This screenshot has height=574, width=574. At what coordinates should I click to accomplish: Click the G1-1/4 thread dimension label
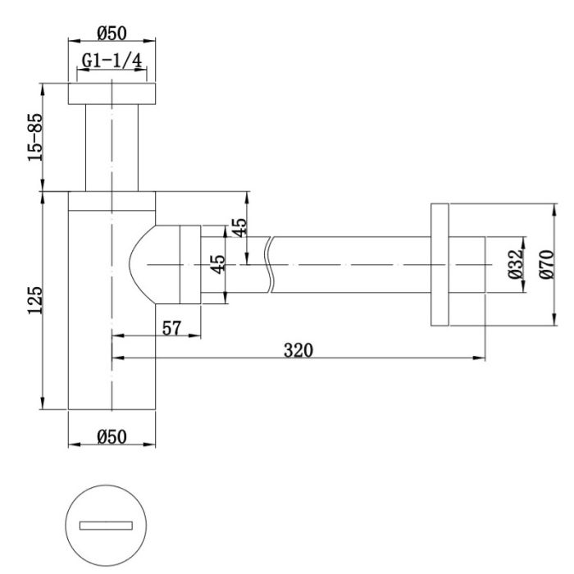pos(112,61)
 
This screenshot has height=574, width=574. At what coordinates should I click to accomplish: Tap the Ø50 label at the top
pos(112,34)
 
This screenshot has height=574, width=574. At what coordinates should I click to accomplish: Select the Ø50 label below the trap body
pos(112,437)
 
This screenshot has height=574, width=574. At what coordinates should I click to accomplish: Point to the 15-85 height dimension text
pos(35,137)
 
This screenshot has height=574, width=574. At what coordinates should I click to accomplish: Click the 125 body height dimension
pos(35,300)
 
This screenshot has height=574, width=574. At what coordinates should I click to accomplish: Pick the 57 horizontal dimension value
pos(171,328)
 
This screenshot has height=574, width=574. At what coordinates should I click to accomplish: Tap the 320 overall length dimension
pos(298,350)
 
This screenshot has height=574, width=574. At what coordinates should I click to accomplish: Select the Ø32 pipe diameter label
pos(516,264)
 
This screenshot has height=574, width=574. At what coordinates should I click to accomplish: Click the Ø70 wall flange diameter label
pos(547,264)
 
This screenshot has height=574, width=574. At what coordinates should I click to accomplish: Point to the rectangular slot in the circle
pos(106,526)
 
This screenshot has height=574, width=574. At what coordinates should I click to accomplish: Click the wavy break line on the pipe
pos(270,264)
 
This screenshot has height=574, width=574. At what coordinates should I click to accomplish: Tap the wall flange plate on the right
pos(440,264)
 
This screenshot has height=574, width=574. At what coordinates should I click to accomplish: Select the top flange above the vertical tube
pos(112,93)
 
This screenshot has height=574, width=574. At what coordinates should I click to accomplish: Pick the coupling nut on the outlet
pos(190,264)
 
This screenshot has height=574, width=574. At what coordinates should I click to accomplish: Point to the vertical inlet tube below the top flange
pos(112,148)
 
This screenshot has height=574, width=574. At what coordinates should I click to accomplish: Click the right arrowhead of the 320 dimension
pos(480,358)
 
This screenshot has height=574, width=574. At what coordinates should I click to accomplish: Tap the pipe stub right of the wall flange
pos(467,264)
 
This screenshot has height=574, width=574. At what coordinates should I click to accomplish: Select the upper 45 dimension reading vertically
pos(239,227)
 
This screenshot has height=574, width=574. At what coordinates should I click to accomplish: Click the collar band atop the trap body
pos(112,201)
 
